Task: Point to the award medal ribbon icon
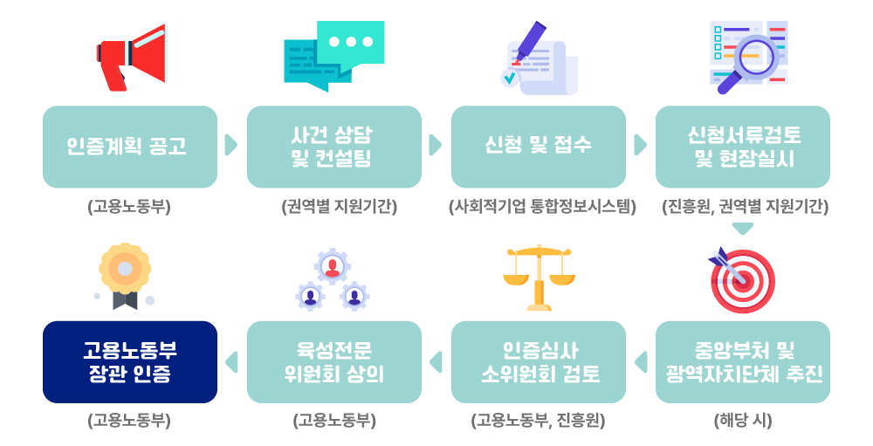(x=125, y=276)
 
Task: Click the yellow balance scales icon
(x=539, y=278)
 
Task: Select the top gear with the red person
(x=333, y=266)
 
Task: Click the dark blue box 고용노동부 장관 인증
(x=130, y=362)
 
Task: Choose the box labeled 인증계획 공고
(x=130, y=147)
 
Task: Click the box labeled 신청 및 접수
(x=539, y=147)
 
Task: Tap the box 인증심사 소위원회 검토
(x=539, y=362)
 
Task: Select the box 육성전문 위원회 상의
(x=334, y=362)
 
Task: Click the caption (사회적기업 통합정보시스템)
(x=542, y=207)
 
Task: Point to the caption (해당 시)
(x=743, y=421)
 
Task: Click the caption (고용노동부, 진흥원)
(x=538, y=421)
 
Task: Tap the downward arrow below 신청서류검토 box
(x=743, y=229)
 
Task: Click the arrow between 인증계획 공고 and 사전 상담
(x=231, y=145)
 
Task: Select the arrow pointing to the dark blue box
(x=231, y=362)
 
